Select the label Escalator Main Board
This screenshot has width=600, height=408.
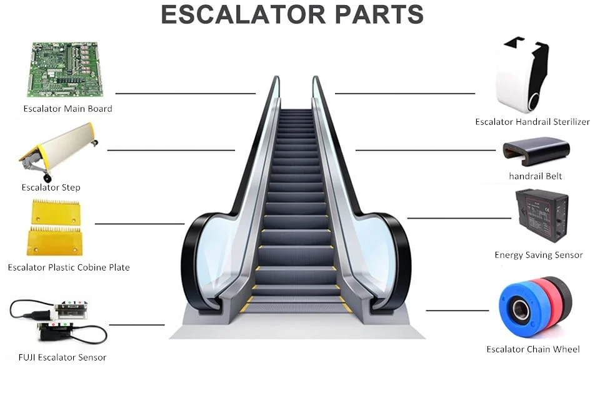pos(67,109)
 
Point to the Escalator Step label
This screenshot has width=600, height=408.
pos(51,187)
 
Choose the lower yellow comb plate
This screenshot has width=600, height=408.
pos(54,241)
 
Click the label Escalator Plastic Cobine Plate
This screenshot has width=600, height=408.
pos(69,267)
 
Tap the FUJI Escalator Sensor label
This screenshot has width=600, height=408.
pos(62,357)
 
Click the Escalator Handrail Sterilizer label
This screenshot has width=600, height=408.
pos(532,122)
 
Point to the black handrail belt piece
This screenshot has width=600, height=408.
pos(536,152)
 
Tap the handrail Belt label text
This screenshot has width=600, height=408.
pos(535,176)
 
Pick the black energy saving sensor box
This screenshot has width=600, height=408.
pos(541,215)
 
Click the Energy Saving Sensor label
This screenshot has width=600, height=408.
pos(538,255)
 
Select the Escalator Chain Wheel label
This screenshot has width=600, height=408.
pos(532,349)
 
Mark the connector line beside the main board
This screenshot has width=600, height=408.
pos(185,94)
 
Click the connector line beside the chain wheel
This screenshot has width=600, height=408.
pos(457,311)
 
